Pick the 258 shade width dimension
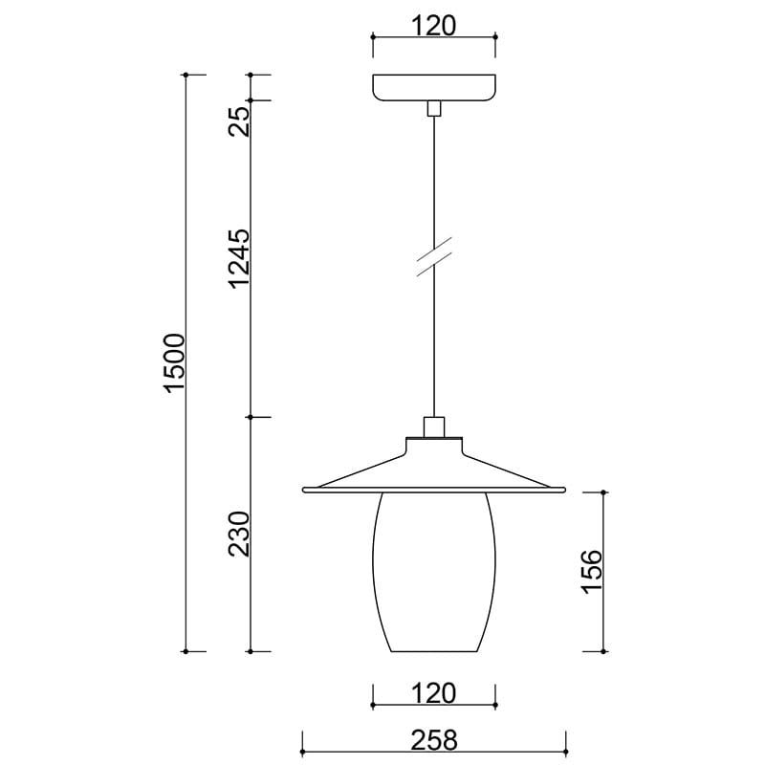[434, 739]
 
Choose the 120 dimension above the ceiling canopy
[434, 24]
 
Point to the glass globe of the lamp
[434, 574]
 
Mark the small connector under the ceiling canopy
[434, 108]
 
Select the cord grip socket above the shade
[434, 426]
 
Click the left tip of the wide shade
[304, 490]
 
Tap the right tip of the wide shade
[565, 490]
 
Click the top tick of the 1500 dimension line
[185, 74]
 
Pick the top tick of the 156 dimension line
[603, 492]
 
